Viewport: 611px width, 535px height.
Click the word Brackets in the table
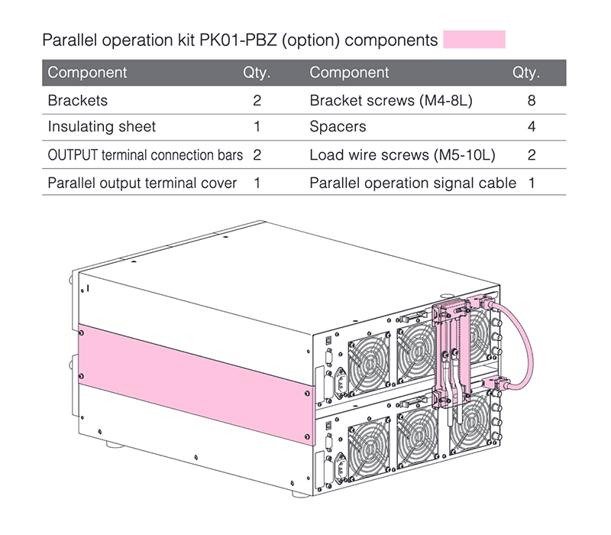coord(77,100)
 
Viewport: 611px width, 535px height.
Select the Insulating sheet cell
coord(101,127)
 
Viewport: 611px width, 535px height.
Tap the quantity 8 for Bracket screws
coord(531,100)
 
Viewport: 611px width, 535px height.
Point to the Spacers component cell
coord(338,127)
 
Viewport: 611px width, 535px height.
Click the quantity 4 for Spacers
coord(531,127)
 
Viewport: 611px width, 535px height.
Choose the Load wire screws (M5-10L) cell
coord(402,155)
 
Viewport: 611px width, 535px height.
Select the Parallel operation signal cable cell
coord(412,183)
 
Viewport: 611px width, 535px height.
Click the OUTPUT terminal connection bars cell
coord(145,155)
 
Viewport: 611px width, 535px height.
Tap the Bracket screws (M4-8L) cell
coord(392,100)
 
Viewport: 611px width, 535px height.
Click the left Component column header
coord(87,73)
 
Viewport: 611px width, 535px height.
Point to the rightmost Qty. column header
coord(526,73)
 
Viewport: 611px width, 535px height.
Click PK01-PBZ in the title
coord(238,40)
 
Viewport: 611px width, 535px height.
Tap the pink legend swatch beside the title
coord(474,39)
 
